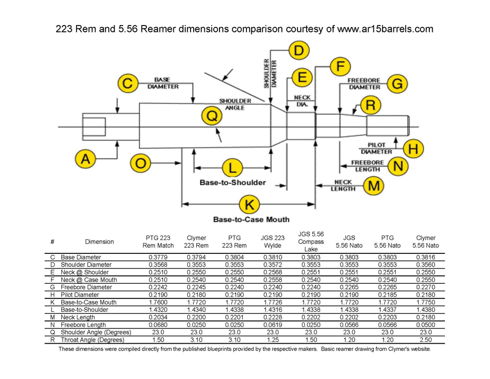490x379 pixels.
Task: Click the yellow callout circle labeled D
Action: (299, 50)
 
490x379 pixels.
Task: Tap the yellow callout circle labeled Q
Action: (212, 116)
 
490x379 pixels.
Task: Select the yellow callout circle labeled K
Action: (249, 204)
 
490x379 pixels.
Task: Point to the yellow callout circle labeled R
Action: (370, 105)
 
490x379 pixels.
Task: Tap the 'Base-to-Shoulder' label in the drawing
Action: (232, 182)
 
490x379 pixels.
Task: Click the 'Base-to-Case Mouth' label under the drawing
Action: (251, 219)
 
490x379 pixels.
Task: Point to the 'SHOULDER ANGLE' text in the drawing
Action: (235, 104)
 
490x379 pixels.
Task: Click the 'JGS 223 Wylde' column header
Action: (272, 242)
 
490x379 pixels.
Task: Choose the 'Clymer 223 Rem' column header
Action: (196, 242)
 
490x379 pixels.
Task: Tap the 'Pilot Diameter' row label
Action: (80, 294)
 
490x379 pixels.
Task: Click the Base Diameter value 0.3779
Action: (158, 257)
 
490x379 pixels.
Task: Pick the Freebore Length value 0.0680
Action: (158, 325)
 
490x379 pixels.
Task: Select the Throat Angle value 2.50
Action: (425, 340)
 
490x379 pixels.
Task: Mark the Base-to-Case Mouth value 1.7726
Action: (272, 302)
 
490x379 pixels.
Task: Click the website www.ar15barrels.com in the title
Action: (386, 29)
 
